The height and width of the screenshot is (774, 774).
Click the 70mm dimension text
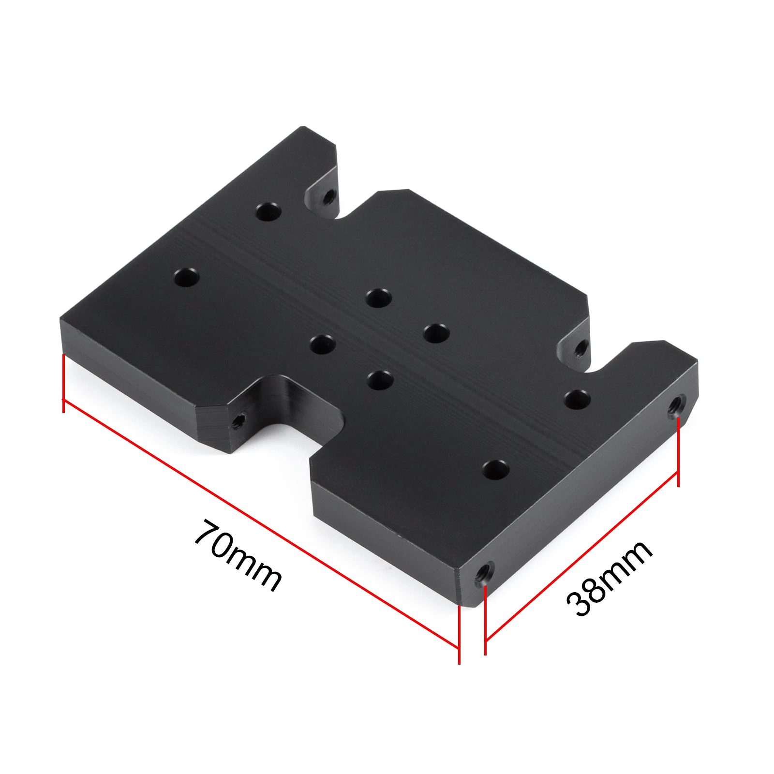click(x=238, y=556)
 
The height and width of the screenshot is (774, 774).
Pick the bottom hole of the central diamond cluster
click(x=380, y=379)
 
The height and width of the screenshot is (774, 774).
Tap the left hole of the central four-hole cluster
click(x=323, y=344)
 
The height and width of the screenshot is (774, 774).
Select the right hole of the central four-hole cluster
click(x=436, y=333)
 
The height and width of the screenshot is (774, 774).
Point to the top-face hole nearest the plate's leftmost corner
click(x=187, y=278)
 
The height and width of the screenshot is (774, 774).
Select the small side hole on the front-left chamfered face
click(x=238, y=421)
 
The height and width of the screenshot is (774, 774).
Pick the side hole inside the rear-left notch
click(x=329, y=196)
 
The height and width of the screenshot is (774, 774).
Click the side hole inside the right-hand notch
click(x=582, y=347)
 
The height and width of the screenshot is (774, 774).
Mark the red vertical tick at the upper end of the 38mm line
click(x=678, y=452)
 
